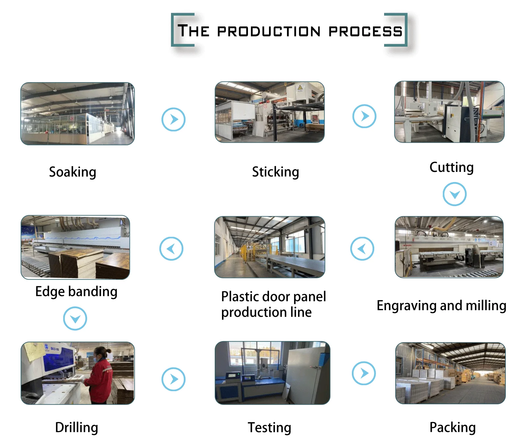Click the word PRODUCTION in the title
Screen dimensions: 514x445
[x=269, y=32]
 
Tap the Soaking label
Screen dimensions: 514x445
[x=73, y=172]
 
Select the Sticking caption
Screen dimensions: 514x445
[x=276, y=172]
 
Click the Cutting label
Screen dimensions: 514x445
[x=452, y=167]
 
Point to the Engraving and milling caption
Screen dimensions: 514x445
[x=441, y=306]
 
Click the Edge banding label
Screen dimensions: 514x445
[x=76, y=292]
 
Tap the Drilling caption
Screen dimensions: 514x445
[x=77, y=428]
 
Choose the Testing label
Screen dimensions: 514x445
[x=269, y=428]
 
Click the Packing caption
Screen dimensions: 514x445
[x=453, y=428]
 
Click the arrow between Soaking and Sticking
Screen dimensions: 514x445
[x=173, y=119]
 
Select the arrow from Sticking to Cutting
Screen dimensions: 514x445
[x=364, y=116]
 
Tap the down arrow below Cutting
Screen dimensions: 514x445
[x=454, y=194]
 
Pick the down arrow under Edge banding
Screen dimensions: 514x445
[x=75, y=318]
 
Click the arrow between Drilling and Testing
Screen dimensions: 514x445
[x=173, y=379]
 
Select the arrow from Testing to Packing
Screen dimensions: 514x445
[x=364, y=373]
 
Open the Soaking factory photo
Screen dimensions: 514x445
[x=78, y=114]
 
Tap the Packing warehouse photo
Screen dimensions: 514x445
[x=450, y=373]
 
